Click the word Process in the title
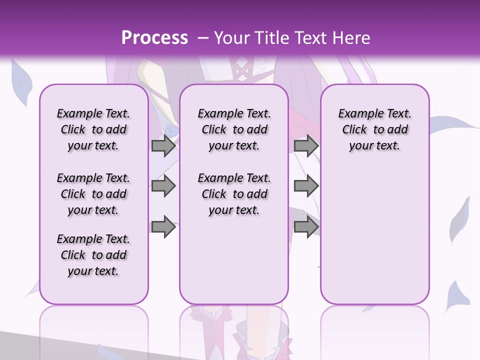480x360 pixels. [x=154, y=38]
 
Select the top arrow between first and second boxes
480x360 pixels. [x=163, y=146]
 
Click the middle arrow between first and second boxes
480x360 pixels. [x=163, y=186]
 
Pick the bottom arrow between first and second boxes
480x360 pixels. [x=163, y=227]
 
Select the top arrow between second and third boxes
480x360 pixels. [x=306, y=146]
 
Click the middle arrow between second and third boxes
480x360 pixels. [x=306, y=186]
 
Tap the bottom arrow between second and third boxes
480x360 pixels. [x=306, y=227]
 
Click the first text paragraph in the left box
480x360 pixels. [x=93, y=129]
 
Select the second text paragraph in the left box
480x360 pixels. [x=93, y=194]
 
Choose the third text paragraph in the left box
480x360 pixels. [x=93, y=255]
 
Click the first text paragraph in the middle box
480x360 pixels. [x=234, y=129]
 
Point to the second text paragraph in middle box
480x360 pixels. [x=234, y=194]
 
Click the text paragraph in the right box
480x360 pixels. [x=374, y=129]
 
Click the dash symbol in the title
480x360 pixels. [x=203, y=38]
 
